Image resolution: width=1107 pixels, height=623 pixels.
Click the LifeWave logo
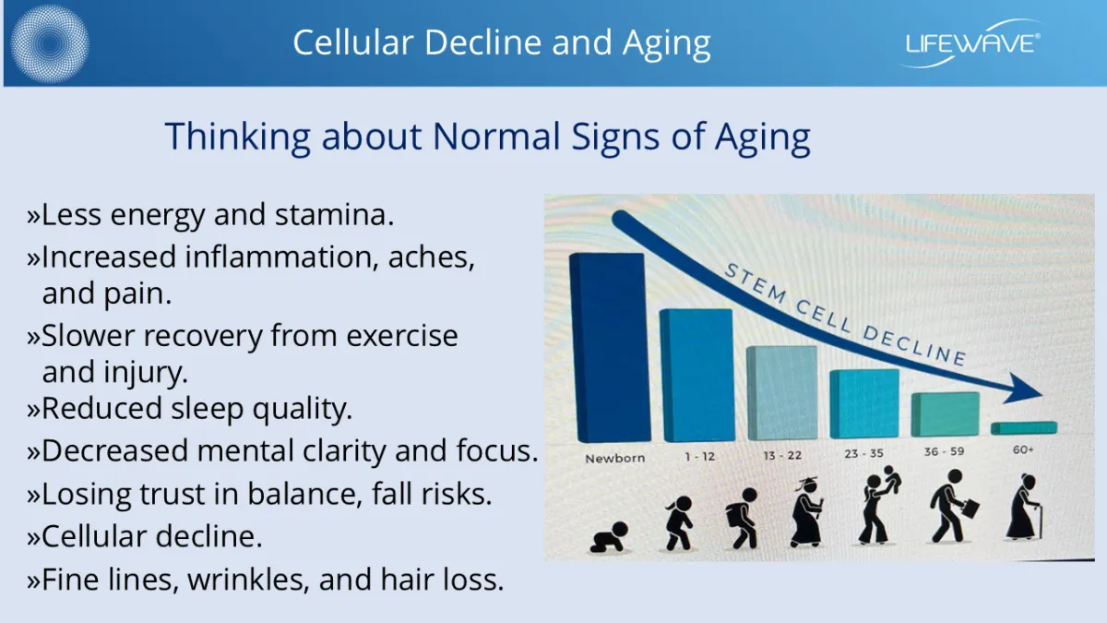pos(972,43)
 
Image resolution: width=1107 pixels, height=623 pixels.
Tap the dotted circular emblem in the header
pos(50,43)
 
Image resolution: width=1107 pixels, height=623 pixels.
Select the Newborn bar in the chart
pos(610,348)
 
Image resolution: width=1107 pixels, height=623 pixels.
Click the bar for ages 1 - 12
pos(696,376)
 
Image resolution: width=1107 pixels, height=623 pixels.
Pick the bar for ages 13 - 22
pos(782,393)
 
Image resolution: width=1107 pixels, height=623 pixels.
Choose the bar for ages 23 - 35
pos(864,404)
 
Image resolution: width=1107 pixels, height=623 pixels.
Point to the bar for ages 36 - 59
pos(946,414)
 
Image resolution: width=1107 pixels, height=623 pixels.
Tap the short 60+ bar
pos(1024,428)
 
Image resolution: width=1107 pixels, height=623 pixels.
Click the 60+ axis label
pos(1023,450)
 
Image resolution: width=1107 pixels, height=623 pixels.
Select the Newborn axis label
pos(614,459)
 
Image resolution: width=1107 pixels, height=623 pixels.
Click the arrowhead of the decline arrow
pos(1024,389)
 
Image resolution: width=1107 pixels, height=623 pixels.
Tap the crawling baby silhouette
pos(609,537)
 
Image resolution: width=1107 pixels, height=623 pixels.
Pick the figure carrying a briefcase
pos(952,506)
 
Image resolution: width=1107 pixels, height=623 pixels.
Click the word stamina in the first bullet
pos(335,215)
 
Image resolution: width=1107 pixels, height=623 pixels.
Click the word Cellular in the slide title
pos(352,42)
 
